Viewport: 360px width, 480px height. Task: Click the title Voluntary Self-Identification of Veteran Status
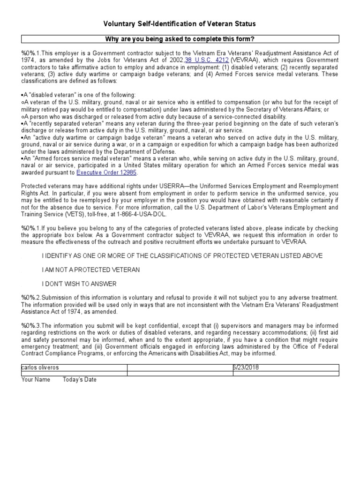[x=180, y=24]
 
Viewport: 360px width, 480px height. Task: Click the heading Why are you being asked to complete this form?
[x=180, y=38]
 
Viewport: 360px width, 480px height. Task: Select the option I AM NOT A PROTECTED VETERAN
[x=90, y=270]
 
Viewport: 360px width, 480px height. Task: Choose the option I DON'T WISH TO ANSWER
[x=79, y=284]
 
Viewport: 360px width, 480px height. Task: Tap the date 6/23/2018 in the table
[x=246, y=367]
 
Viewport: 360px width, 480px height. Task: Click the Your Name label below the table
[x=36, y=380]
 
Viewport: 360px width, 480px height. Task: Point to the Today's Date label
[x=80, y=380]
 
